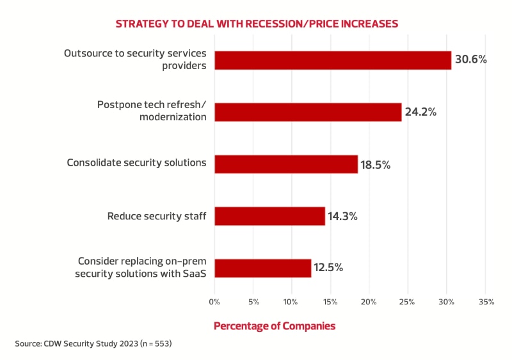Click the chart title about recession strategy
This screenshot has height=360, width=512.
(257, 24)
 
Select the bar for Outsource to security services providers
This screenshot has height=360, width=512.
(333, 60)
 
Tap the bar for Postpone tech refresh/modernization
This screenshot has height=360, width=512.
(308, 112)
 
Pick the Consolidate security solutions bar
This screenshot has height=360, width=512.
(286, 164)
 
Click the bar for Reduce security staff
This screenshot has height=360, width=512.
(269, 216)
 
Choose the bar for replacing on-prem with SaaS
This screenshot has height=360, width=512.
(262, 268)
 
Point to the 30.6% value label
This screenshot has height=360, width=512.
(471, 59)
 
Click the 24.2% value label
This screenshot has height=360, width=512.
(420, 112)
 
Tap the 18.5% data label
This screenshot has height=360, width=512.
(375, 164)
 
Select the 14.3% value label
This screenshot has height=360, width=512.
(342, 216)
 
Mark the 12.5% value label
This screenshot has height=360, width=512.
(328, 268)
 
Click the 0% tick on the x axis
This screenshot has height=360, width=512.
(214, 301)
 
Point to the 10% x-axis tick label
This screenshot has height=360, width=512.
(291, 301)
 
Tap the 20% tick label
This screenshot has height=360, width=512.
(369, 301)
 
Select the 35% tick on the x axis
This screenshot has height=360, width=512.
(485, 301)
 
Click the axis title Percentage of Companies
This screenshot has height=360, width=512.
(275, 326)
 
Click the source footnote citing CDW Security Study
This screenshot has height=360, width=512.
(93, 344)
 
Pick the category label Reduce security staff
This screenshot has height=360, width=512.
(157, 216)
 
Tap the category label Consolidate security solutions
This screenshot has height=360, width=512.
(136, 163)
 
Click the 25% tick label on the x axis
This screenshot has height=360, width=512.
(408, 301)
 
